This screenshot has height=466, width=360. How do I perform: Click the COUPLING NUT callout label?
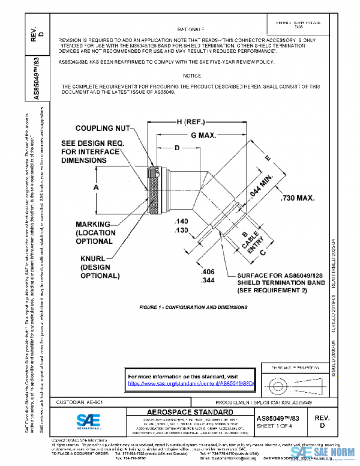click(103, 129)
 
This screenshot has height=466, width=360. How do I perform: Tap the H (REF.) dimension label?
click(185, 122)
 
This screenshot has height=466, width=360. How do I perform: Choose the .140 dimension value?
click(182, 222)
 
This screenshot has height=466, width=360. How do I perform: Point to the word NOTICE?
click(193, 76)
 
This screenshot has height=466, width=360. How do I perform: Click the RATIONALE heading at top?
click(191, 29)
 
